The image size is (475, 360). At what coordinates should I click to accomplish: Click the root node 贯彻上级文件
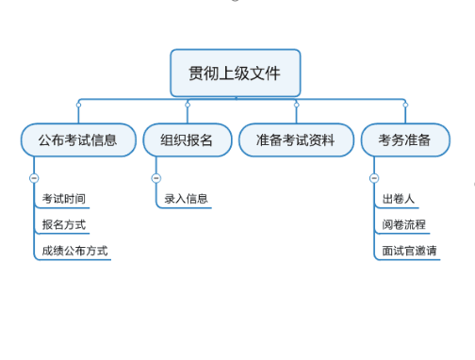click(235, 74)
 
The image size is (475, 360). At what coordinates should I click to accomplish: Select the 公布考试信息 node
click(78, 140)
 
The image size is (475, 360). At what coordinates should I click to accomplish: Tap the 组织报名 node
click(187, 140)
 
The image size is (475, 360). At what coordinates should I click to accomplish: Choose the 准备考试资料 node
click(296, 140)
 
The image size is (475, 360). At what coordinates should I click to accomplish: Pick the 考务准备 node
click(404, 140)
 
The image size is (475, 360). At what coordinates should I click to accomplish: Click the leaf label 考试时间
click(64, 199)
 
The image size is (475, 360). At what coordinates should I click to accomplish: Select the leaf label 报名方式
click(64, 225)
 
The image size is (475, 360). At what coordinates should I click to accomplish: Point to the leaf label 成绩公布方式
click(74, 252)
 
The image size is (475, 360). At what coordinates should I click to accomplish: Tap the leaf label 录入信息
click(186, 199)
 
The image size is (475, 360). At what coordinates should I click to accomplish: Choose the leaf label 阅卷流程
click(403, 225)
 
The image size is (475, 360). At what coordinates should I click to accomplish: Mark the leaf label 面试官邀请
click(409, 252)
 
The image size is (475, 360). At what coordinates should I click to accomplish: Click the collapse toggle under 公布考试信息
click(34, 177)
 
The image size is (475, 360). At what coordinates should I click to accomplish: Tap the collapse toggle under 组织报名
click(156, 177)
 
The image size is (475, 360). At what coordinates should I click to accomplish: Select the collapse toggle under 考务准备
click(373, 177)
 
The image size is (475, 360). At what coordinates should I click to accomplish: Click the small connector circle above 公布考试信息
click(78, 105)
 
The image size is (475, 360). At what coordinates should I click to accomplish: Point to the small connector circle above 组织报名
click(187, 105)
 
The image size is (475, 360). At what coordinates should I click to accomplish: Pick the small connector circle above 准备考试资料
click(296, 105)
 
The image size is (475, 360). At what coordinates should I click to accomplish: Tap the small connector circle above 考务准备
click(404, 105)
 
